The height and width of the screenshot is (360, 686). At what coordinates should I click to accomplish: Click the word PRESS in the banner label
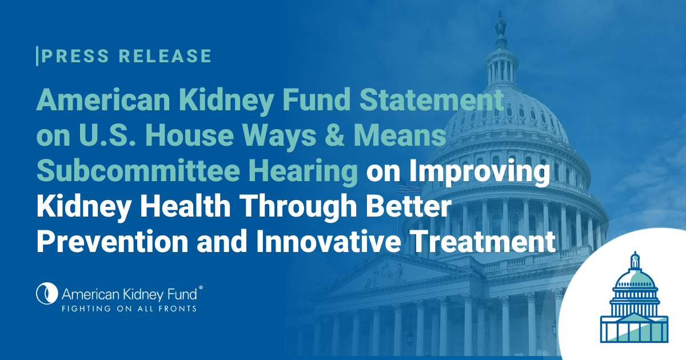tap(75, 56)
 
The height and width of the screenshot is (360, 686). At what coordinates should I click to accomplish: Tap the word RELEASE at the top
tap(165, 56)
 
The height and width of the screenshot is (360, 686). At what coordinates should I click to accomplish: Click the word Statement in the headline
tap(432, 99)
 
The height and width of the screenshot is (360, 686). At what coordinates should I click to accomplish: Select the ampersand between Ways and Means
tap(335, 135)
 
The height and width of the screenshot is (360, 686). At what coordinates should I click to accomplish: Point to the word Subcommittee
tap(138, 170)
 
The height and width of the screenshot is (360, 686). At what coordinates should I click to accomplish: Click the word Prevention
tap(113, 241)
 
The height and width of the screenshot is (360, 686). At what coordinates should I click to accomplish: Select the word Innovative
tap(329, 241)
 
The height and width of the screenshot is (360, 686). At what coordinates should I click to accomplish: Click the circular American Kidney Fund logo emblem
tap(47, 293)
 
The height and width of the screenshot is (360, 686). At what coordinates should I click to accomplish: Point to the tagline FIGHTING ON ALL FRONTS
tap(129, 309)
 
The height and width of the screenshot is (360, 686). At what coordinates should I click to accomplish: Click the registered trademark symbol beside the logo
tap(201, 287)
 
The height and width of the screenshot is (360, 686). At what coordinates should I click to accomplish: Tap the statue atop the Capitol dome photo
tap(500, 25)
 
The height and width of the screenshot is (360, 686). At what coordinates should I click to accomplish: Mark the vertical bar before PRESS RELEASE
tap(37, 56)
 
